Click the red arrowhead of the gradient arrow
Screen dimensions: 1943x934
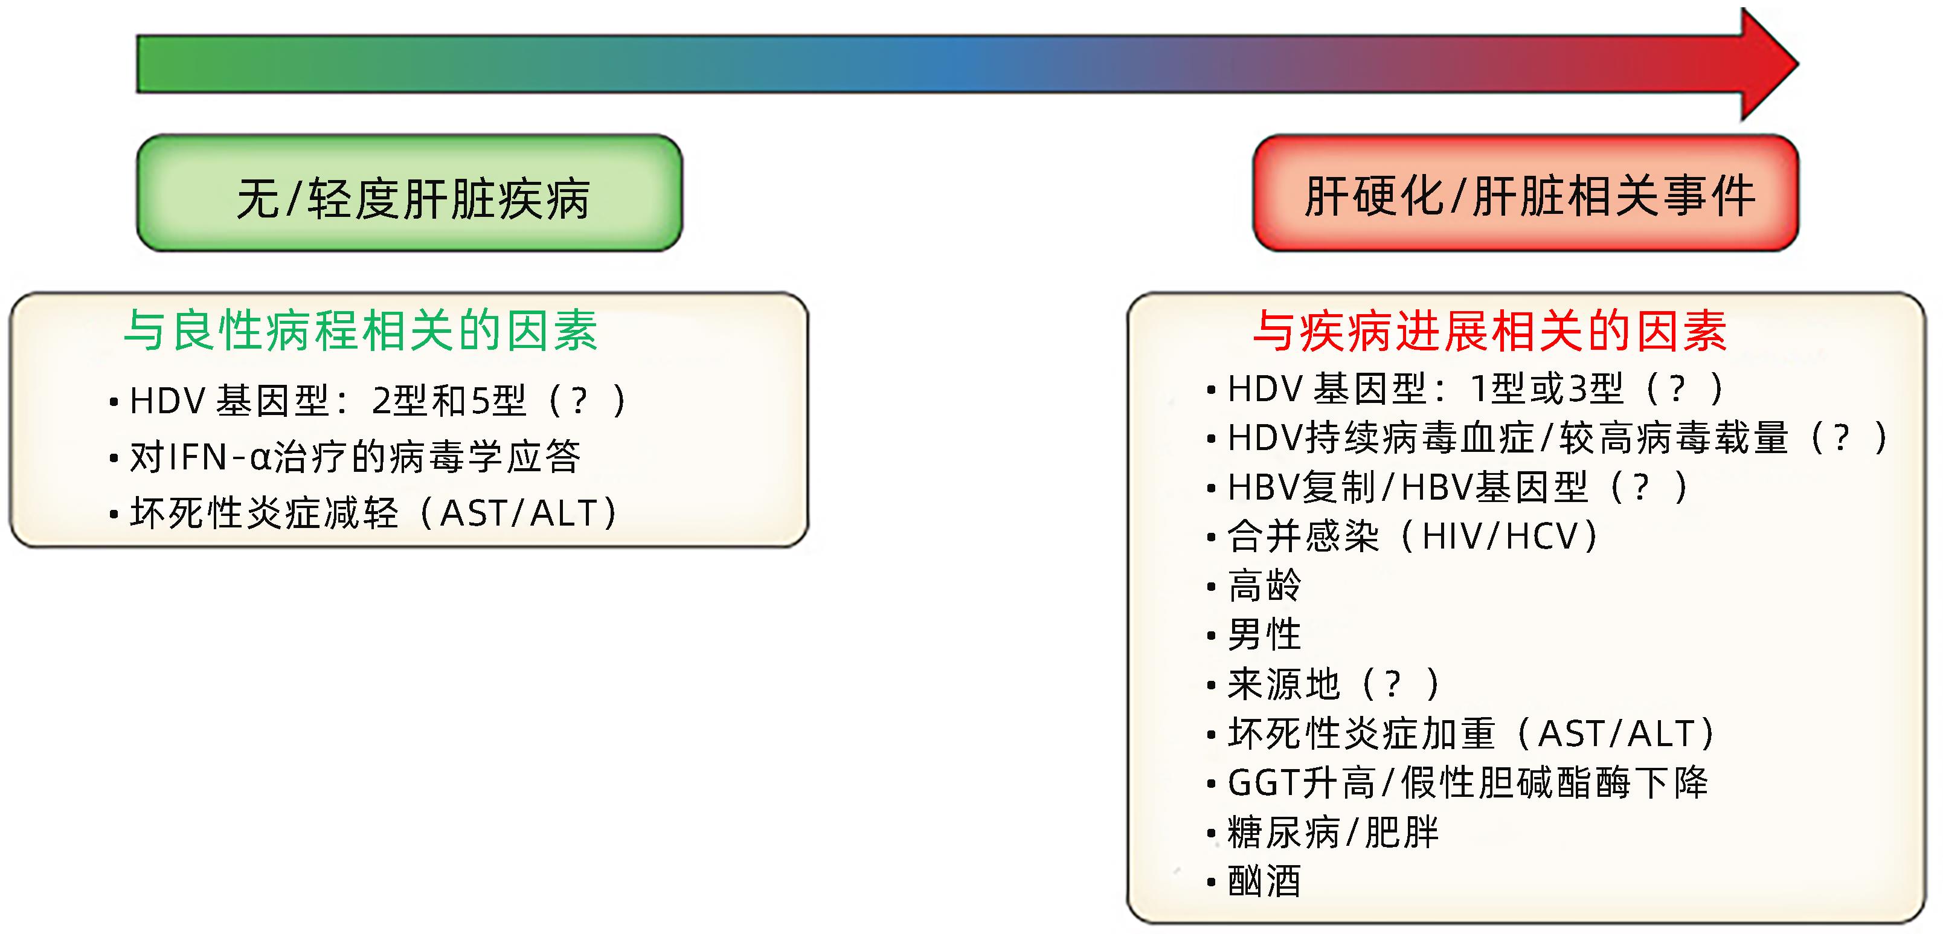coord(1769,64)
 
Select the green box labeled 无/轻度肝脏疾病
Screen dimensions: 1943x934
coord(409,193)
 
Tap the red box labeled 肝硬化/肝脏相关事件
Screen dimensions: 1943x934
coord(1526,193)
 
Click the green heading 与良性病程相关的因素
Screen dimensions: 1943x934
coord(361,330)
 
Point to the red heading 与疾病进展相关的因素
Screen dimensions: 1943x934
coord(1489,330)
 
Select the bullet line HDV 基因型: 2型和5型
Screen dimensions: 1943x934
coord(377,400)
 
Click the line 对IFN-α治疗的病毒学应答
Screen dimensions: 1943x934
coord(355,457)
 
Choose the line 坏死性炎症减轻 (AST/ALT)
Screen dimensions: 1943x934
coord(373,513)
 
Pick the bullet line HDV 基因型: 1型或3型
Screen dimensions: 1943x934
coord(1474,388)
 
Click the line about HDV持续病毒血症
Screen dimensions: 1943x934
coord(1558,437)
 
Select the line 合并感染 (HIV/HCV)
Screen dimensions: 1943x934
coord(1413,536)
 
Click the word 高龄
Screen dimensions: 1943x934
coord(1264,585)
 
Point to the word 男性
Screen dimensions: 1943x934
coord(1264,634)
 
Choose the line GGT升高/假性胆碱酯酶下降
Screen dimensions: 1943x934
coord(1468,782)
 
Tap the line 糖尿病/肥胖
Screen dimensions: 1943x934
coord(1333,832)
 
